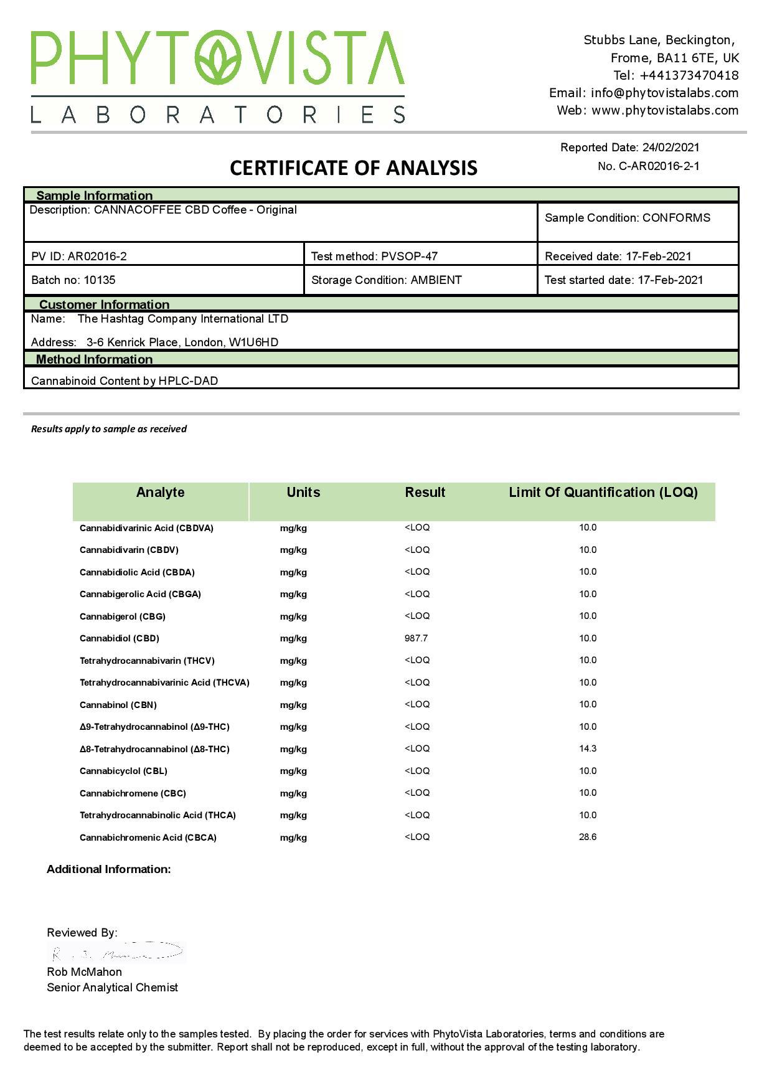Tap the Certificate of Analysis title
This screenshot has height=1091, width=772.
pos(353,168)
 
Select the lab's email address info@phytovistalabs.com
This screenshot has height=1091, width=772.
pos(664,93)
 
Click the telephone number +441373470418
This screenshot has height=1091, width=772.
pos(689,75)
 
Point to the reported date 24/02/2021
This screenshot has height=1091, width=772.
pos(671,148)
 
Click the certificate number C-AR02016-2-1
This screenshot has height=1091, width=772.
pos(659,166)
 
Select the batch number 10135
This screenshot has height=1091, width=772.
pos(100,280)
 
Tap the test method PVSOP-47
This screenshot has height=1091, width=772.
pos(409,257)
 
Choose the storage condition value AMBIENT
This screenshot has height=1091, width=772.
pos(436,280)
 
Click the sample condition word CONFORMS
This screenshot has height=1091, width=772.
pos(676,218)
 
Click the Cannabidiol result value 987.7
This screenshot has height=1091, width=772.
pos(416,638)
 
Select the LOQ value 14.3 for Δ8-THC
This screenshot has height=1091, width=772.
pos(588,749)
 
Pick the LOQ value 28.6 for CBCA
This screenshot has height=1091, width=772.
pos(588,837)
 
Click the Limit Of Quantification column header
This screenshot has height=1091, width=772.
pos(603,493)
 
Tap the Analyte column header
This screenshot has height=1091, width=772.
pos(160,493)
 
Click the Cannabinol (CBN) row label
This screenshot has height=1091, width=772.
pos(118,705)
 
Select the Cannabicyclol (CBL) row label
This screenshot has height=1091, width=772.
pos(123,771)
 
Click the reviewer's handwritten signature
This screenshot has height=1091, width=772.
pos(116,953)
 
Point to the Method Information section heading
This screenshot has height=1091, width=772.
pos(94,359)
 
